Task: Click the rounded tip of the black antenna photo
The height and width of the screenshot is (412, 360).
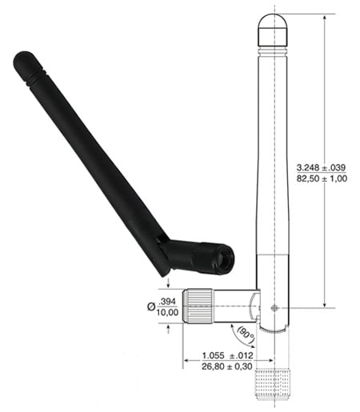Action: click(23, 62)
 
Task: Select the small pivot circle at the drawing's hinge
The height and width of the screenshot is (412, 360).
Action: click(274, 307)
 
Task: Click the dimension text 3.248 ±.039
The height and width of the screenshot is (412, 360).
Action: click(321, 166)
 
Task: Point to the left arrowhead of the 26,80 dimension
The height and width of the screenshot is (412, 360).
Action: click(186, 361)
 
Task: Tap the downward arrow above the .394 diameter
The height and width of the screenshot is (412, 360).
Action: click(168, 282)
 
